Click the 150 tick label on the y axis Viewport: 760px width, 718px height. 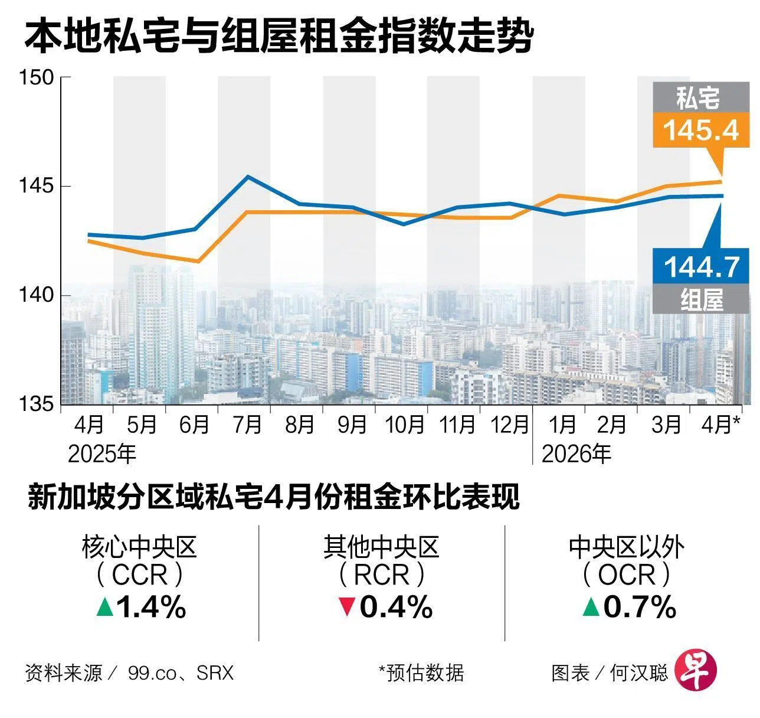point(37,78)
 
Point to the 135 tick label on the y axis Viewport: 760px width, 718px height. point(37,404)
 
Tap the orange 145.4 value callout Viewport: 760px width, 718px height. point(700,130)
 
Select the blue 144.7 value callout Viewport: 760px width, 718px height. point(700,266)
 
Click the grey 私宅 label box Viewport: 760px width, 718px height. point(700,97)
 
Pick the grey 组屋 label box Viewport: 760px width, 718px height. point(700,299)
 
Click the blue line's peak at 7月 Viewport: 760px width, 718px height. point(248,177)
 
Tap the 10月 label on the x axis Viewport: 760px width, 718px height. point(405,425)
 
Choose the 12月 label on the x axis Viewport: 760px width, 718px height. point(509,425)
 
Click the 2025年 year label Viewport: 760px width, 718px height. point(102,455)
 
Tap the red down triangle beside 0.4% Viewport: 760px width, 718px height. point(347,608)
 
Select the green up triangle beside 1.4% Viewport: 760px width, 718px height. point(105,606)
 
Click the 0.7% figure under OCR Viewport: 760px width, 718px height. point(640,607)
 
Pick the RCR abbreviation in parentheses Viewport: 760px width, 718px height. point(382,575)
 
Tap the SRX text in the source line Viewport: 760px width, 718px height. point(215,673)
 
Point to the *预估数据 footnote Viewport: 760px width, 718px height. point(421,673)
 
